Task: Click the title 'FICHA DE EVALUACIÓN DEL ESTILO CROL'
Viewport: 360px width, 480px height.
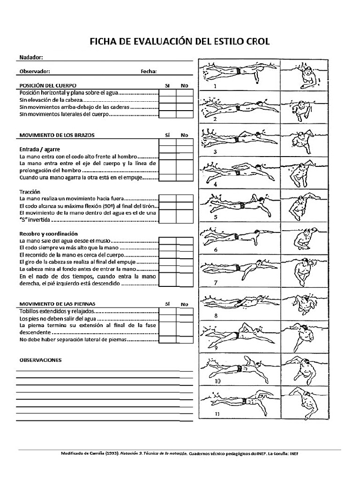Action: click(180, 42)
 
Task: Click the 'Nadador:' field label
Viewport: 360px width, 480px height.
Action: click(31, 57)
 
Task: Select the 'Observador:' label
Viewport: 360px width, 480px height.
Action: click(34, 72)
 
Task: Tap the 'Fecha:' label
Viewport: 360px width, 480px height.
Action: click(149, 72)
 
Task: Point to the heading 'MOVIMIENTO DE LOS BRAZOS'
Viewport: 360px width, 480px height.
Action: click(57, 135)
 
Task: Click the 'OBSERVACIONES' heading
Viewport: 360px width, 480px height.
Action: click(40, 360)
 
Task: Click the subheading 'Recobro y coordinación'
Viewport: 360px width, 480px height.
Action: click(48, 233)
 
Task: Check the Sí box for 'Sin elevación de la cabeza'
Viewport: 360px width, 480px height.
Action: click(167, 100)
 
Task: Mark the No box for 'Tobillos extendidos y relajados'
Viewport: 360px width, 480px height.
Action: click(184, 311)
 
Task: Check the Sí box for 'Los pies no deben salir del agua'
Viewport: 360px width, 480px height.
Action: click(167, 318)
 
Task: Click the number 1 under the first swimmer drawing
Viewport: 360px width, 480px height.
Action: click(215, 87)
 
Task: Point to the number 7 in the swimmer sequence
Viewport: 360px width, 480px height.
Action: click(216, 283)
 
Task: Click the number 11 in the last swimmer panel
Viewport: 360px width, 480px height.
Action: click(217, 414)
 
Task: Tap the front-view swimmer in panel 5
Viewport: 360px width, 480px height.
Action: click(300, 206)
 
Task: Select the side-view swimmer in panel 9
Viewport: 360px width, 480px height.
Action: click(234, 335)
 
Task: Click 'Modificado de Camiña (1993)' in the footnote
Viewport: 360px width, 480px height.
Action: click(90, 454)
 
